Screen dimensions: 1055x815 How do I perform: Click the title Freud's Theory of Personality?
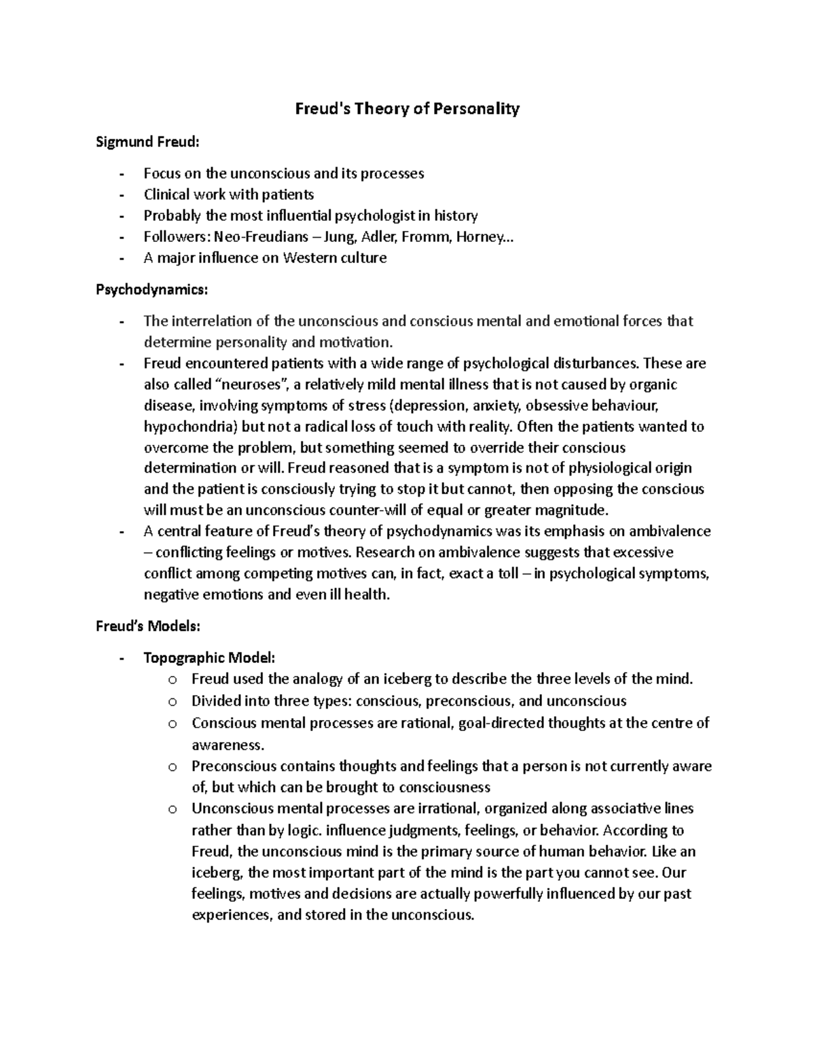407,109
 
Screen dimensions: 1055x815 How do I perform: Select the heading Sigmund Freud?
148,142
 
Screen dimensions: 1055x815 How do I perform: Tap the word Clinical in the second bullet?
166,195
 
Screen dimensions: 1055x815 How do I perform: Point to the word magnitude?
572,510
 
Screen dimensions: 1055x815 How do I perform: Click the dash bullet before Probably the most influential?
122,217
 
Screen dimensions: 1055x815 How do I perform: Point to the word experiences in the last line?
232,915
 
